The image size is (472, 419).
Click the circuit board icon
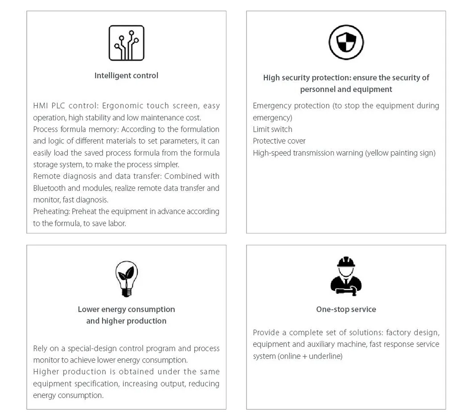pyautogui.click(x=127, y=43)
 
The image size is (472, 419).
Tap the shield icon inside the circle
pyautogui.click(x=346, y=42)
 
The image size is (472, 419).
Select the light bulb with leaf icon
pyautogui.click(x=127, y=279)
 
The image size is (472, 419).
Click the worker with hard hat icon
pyautogui.click(x=346, y=277)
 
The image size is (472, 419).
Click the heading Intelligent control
pyautogui.click(x=126, y=75)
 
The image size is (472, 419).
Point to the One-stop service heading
pyautogui.click(x=346, y=309)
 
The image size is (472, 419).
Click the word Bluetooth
pyautogui.click(x=50, y=188)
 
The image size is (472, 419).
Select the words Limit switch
pyautogui.click(x=272, y=129)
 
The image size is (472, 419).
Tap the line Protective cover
pyautogui.click(x=279, y=141)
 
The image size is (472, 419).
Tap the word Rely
pyautogui.click(x=41, y=348)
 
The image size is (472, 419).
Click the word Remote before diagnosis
pyautogui.click(x=46, y=176)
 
